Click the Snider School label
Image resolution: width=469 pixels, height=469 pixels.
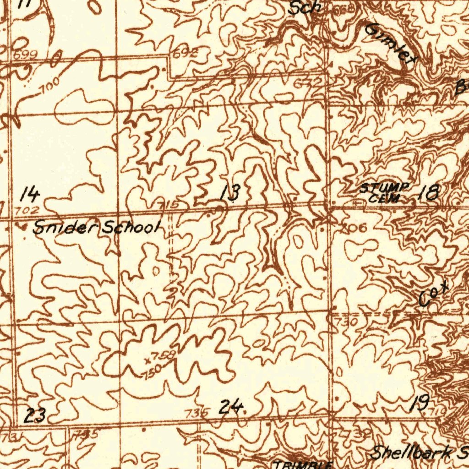97,228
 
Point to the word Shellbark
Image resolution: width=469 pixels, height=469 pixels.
410,453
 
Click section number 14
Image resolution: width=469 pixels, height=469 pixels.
30,195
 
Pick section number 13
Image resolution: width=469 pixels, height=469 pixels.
229,193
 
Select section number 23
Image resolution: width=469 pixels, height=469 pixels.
35,416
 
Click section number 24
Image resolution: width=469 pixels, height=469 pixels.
230,407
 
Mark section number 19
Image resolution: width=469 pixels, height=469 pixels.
420,404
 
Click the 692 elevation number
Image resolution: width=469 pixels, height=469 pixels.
185,54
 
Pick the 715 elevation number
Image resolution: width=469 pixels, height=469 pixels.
169,205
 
